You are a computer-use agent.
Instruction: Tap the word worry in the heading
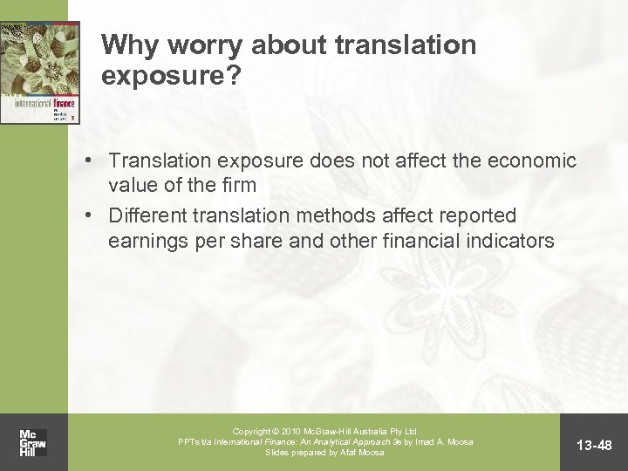click(190, 44)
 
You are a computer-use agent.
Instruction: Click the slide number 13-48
click(597, 446)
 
